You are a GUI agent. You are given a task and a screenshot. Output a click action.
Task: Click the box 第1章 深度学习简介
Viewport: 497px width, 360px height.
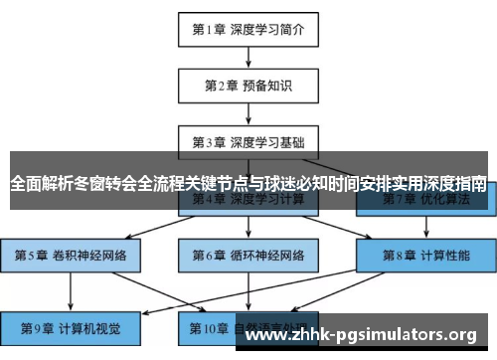pyautogui.click(x=248, y=29)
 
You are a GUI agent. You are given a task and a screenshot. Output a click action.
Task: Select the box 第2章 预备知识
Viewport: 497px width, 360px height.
pyautogui.click(x=248, y=86)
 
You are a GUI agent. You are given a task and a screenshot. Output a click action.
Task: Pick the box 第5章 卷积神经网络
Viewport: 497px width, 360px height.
pyautogui.click(x=71, y=255)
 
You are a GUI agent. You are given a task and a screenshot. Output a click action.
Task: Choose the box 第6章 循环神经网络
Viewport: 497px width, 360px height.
pyautogui.click(x=248, y=255)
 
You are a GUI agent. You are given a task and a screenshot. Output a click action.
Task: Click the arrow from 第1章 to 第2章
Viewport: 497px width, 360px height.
pyautogui.click(x=248, y=57)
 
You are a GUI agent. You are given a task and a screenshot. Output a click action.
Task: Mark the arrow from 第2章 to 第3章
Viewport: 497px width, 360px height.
pyautogui.click(x=248, y=113)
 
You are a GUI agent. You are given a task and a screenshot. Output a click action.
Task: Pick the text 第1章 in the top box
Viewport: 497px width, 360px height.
pyautogui.click(x=208, y=29)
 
